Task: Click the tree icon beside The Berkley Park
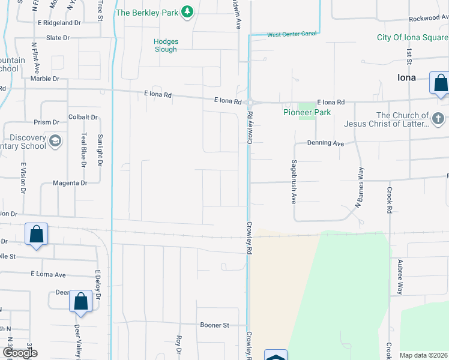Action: [x=187, y=11]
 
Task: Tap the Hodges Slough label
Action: [x=166, y=45]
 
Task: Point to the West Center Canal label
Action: [x=292, y=34]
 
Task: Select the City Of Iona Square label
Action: [x=412, y=37]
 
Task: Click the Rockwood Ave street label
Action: [x=429, y=19]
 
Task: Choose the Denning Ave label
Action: [x=325, y=144]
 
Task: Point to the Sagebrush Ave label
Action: [x=294, y=182]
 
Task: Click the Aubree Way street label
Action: [x=399, y=277]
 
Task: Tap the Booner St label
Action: [x=215, y=325]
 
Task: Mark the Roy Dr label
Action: [x=179, y=348]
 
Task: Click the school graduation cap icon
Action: [x=55, y=142]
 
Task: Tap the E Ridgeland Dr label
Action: [x=58, y=23]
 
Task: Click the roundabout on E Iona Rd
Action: [x=249, y=103]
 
